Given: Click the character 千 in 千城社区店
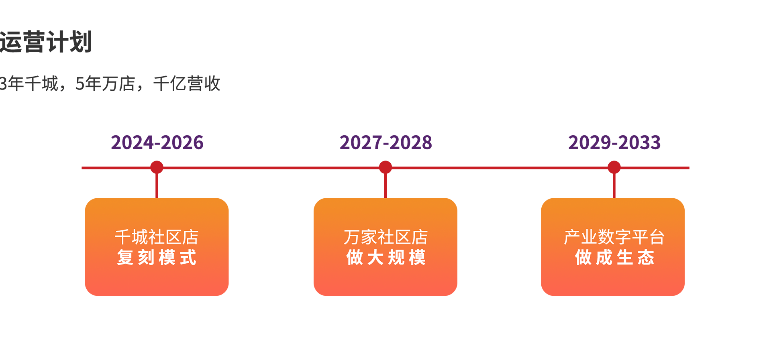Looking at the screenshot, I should click(122, 237).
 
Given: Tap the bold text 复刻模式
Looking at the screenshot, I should click(157, 257).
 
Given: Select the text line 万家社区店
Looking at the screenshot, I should click(385, 237).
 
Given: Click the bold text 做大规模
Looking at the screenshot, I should click(385, 257).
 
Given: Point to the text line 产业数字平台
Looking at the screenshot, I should click(614, 237).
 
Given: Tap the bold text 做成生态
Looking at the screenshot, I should click(614, 257).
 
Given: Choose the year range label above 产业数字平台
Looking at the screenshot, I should click(615, 142).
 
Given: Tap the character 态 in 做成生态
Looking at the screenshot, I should click(646, 257).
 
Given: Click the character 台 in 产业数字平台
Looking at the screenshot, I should click(657, 237).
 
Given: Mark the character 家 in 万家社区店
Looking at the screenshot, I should click(369, 237).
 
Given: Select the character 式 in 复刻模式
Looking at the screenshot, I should click(188, 257).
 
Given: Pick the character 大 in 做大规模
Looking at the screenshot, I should click(375, 257).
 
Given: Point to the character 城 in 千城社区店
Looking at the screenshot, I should click(140, 237).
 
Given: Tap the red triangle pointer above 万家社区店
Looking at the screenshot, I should click(385, 191).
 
